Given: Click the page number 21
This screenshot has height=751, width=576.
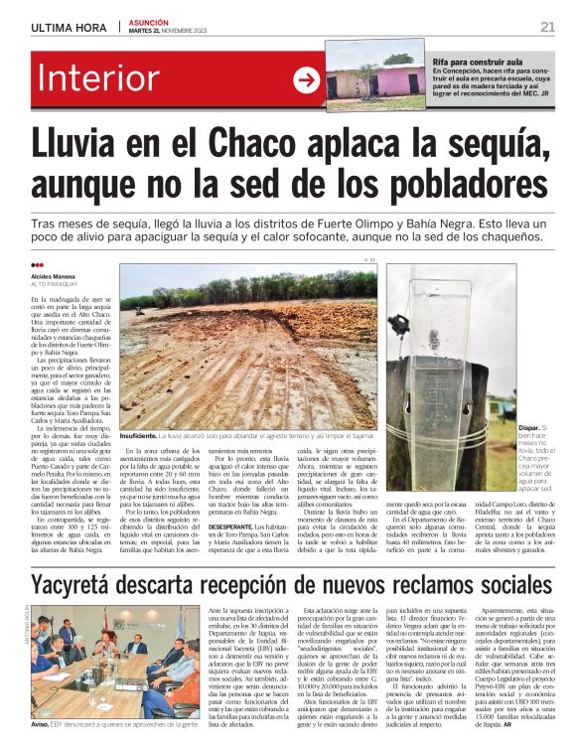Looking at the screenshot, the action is pos(547,26).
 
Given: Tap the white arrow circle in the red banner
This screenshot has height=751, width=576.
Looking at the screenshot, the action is pos(306,80).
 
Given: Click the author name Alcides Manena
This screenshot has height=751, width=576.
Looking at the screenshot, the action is pos(53,275).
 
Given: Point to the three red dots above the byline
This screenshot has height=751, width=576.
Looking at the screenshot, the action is pos(38,265).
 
